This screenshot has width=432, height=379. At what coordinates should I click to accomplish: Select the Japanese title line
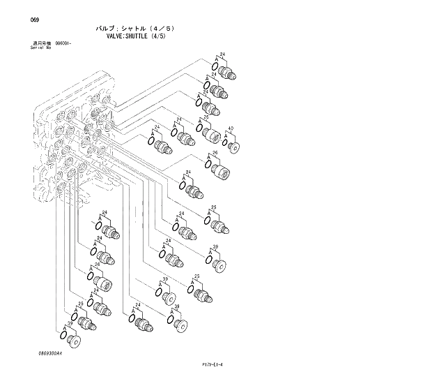(x=134, y=29)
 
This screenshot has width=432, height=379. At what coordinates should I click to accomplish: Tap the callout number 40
(x=231, y=128)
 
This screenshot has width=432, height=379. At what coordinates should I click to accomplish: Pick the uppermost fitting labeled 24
(x=228, y=72)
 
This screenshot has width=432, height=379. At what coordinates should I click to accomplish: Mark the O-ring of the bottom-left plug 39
(x=64, y=336)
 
